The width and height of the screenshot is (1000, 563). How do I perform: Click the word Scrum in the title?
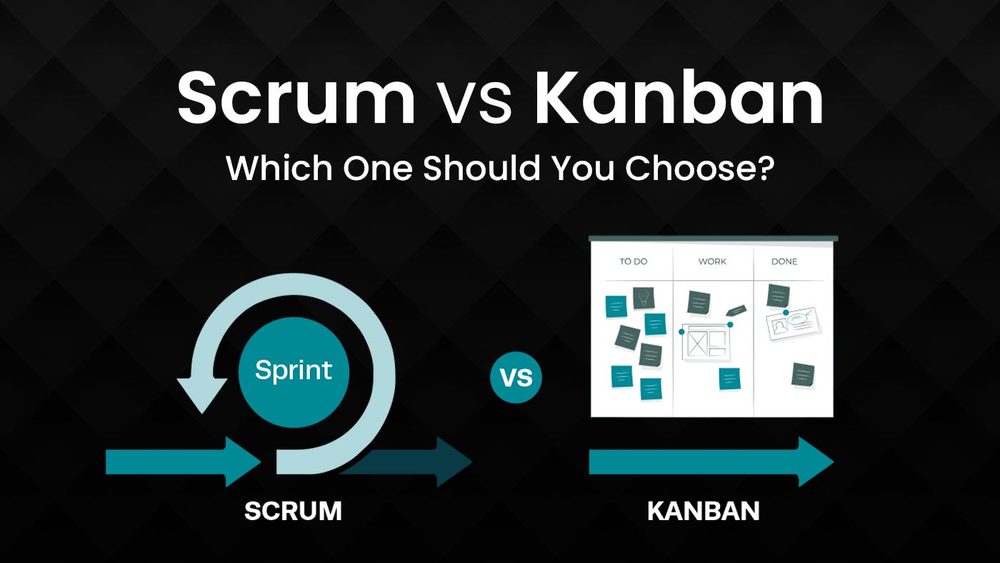point(296,97)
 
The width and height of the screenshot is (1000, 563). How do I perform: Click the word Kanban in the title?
point(679,97)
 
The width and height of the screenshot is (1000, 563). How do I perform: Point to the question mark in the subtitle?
point(763,167)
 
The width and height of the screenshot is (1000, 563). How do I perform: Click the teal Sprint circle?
point(294,372)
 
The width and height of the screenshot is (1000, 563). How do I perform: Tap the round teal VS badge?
point(516,377)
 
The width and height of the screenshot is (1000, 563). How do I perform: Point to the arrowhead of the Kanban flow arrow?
point(816,462)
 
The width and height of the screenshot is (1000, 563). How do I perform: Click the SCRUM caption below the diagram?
point(294,511)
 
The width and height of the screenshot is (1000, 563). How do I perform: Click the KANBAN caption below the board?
point(703,511)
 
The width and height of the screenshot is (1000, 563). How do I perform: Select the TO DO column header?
point(633,261)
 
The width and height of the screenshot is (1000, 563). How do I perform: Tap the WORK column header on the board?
point(713,261)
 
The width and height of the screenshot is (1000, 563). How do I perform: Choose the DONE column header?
point(784,261)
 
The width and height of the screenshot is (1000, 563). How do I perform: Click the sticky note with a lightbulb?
point(644,298)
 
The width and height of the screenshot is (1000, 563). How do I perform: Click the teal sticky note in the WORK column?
point(729,379)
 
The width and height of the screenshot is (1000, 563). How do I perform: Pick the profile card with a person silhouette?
point(794,324)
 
